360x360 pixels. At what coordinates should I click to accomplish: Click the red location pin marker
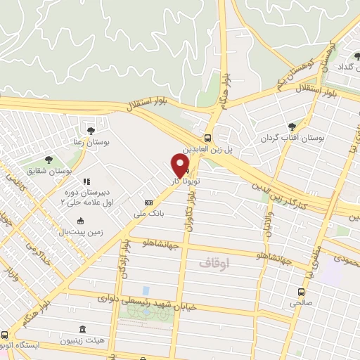[181, 166]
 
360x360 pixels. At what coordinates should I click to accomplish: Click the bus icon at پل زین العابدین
[207, 138]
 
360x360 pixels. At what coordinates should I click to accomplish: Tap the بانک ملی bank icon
[147, 202]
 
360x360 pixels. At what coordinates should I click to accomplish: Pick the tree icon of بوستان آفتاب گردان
[291, 127]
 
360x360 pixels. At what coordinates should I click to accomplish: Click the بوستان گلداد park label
[344, 65]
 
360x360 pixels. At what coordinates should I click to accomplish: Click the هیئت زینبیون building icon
[82, 329]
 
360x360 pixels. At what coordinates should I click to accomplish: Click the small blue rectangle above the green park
[146, 290]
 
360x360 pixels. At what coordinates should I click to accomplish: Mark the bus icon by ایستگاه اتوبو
[6, 334]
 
